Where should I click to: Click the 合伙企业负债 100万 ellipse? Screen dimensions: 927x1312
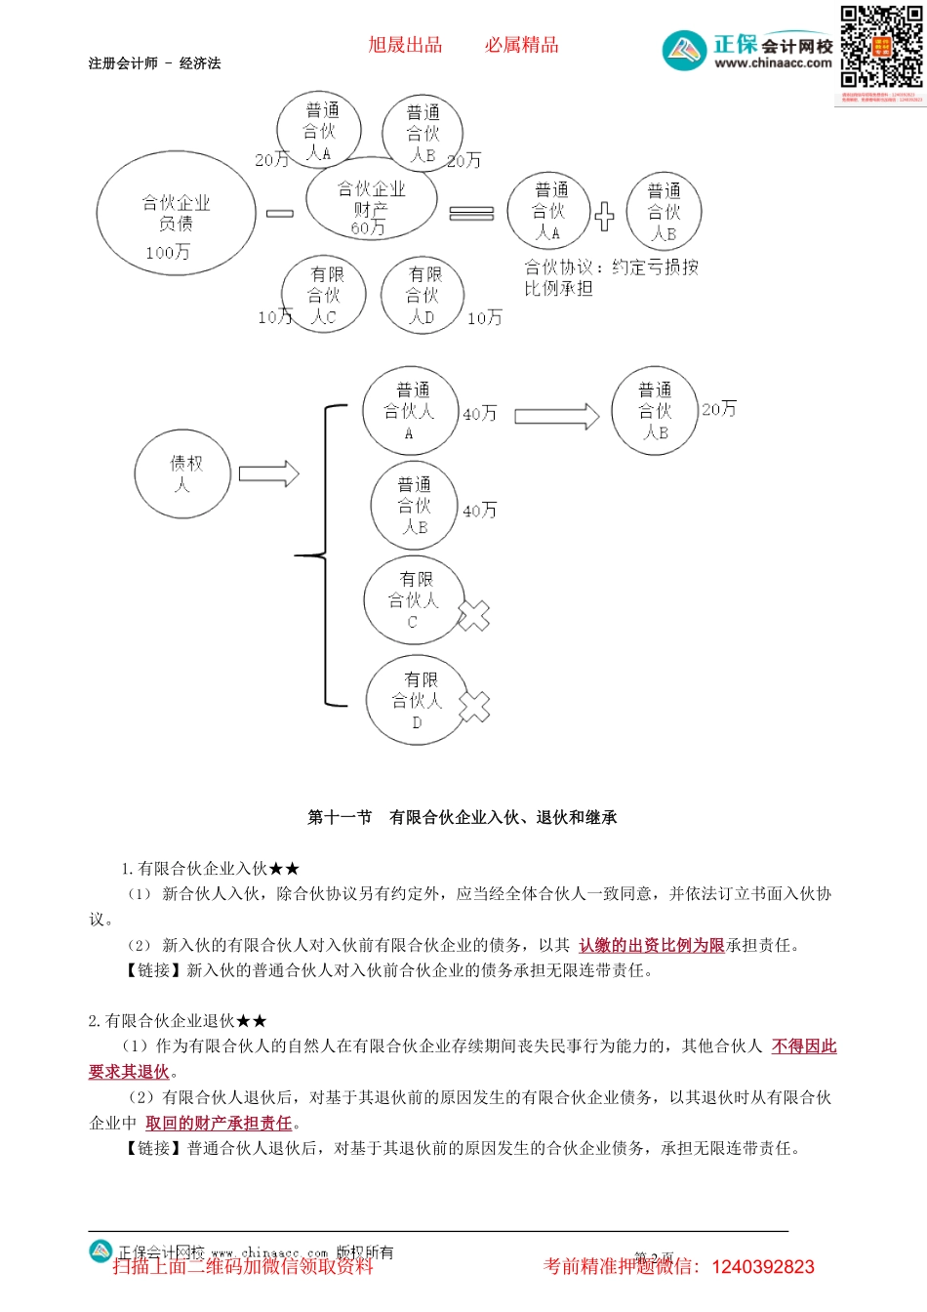tap(176, 213)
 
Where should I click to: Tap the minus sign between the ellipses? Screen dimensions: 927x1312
tap(280, 213)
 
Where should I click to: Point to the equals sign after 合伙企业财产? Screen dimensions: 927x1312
tap(471, 213)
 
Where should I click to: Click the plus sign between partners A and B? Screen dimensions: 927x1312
tap(605, 216)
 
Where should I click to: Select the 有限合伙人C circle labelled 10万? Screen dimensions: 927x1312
tap(323, 295)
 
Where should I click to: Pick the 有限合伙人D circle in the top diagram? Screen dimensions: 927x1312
tap(423, 295)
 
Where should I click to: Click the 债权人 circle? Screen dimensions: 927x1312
tap(183, 473)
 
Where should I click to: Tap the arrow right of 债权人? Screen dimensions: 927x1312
tap(268, 473)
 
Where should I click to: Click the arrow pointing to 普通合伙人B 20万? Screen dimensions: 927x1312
tap(556, 417)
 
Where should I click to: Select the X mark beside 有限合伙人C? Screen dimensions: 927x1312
tap(473, 615)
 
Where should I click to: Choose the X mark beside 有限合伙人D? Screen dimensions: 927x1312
tap(474, 707)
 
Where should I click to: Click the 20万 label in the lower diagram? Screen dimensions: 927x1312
tap(719, 409)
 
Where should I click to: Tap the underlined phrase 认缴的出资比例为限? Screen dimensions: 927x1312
tap(651, 945)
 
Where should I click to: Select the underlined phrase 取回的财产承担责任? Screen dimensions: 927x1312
tap(219, 1124)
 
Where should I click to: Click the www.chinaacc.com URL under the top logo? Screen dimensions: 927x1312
tap(773, 63)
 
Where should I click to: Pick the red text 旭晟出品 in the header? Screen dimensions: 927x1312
tap(405, 45)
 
